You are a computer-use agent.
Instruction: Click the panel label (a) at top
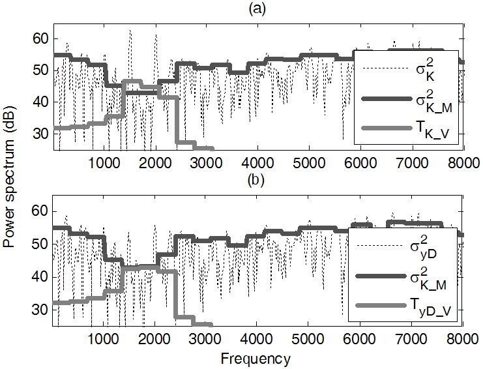257,8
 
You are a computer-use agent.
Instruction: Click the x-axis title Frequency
256,358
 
